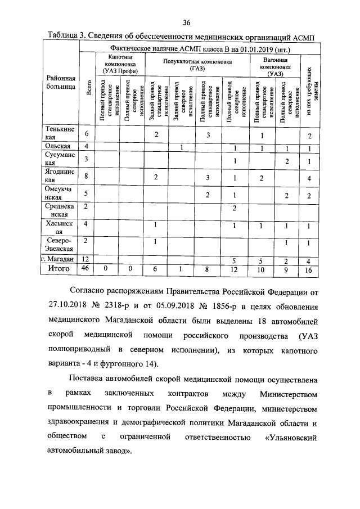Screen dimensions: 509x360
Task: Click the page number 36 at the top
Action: point(187,22)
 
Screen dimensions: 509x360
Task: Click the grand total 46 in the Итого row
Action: point(87,269)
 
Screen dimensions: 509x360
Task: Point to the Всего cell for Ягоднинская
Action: point(87,176)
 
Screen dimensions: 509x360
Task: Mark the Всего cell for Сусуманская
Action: point(87,160)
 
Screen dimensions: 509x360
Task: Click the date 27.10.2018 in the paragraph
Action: point(68,308)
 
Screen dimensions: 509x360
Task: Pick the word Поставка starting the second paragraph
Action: point(91,377)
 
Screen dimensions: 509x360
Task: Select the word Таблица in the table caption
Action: point(64,36)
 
